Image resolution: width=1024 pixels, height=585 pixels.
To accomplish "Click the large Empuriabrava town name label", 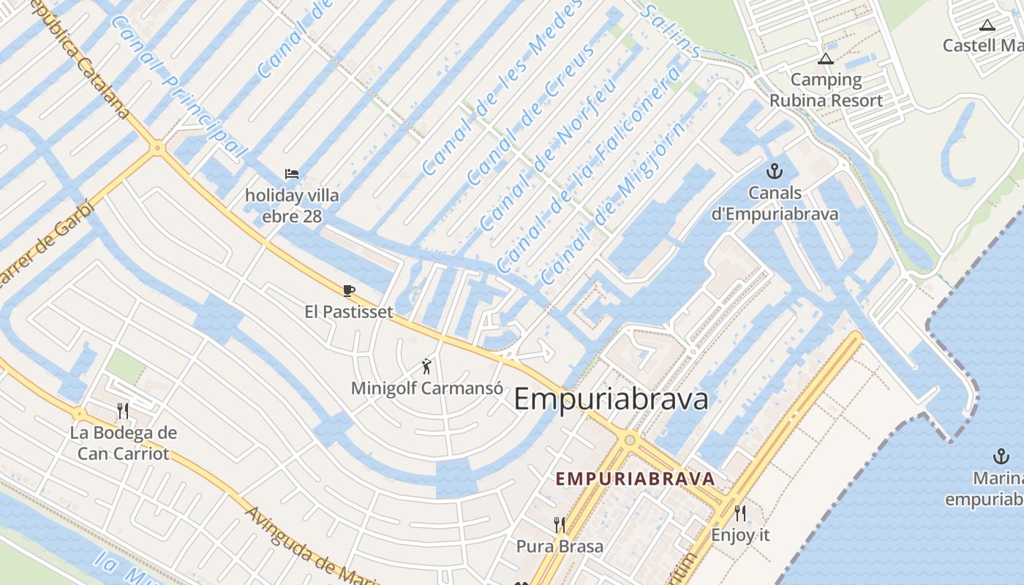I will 611,400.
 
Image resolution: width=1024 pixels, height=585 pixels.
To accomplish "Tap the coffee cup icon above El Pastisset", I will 349,291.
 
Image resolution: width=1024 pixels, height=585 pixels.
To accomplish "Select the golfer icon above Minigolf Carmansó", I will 427,366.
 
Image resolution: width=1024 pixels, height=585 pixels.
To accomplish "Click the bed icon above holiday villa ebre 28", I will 292,174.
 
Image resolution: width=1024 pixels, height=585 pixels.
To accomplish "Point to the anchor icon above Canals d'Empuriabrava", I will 774,172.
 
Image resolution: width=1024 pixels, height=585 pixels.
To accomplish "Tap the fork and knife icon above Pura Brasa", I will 560,524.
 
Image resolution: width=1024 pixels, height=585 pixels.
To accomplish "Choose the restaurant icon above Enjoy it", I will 740,513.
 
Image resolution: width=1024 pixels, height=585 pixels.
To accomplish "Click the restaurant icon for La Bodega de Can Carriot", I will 123,411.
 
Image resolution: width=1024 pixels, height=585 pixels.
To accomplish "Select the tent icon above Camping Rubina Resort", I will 826,58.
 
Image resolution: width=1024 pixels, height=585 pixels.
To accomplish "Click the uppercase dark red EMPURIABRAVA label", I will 635,479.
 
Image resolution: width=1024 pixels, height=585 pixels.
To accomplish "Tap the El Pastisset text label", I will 349,312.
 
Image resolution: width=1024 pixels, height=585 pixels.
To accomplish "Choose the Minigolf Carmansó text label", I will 427,388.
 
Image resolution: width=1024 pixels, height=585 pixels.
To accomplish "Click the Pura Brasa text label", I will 560,546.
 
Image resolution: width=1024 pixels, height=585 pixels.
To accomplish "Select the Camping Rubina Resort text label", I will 826,90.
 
